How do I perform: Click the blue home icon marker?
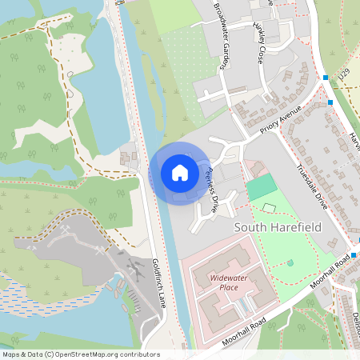pos(180,173)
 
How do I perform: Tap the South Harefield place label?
pos(277,227)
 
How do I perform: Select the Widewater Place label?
pos(229,282)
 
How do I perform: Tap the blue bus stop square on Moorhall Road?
pos(353,254)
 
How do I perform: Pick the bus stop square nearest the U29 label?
pos(326,78)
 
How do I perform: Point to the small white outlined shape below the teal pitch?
pos(268,209)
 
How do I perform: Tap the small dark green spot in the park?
pos(290,262)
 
